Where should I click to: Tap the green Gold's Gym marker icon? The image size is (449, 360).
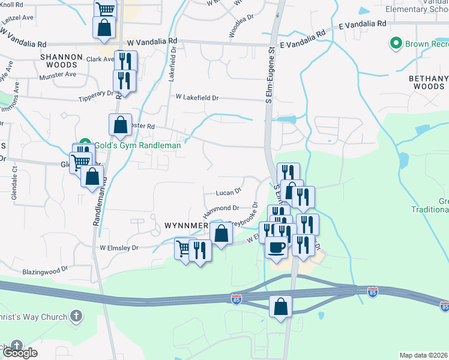pyautogui.click(x=85, y=145)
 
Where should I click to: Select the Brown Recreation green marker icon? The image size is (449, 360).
pyautogui.click(x=396, y=43)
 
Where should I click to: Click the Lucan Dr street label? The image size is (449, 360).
pyautogui.click(x=229, y=192)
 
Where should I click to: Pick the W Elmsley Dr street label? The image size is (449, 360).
pyautogui.click(x=119, y=247)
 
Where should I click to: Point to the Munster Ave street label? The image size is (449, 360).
pyautogui.click(x=58, y=75)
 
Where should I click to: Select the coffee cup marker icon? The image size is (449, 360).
pyautogui.click(x=277, y=247)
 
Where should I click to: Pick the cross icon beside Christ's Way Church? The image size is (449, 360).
pyautogui.click(x=76, y=316)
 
